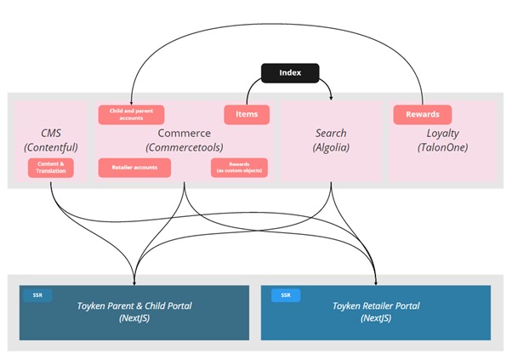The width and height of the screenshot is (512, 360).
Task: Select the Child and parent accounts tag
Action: click(131, 114)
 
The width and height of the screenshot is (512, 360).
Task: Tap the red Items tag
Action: click(247, 114)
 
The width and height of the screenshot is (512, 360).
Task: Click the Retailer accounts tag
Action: click(134, 168)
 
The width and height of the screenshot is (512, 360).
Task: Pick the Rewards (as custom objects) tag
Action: click(239, 168)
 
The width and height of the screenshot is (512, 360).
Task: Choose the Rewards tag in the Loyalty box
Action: click(422, 114)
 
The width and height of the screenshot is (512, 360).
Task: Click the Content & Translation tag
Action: click(51, 168)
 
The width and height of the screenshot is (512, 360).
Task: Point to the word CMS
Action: click(52, 134)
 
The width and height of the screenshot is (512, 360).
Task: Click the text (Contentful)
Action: click(52, 148)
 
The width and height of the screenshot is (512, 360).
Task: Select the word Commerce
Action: click(184, 134)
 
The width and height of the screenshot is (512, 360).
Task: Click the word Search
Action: click(331, 134)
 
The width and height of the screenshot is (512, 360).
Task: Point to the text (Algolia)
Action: click(331, 148)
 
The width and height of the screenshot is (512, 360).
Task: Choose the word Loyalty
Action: click(442, 134)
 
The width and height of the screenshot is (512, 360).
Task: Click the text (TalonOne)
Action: click(442, 148)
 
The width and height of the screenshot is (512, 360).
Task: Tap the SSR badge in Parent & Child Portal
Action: click(37, 295)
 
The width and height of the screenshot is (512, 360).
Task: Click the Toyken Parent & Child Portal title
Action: click(134, 306)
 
